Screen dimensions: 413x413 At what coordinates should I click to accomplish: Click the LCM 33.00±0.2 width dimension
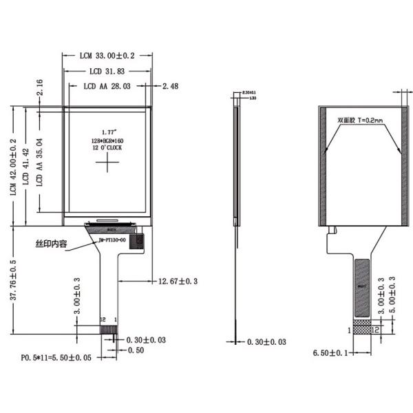[x=107, y=55]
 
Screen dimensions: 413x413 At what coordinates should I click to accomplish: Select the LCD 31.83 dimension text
[x=107, y=72]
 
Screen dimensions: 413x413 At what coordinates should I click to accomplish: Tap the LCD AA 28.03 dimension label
[x=107, y=87]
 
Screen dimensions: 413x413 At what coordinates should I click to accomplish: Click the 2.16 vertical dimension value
[x=39, y=87]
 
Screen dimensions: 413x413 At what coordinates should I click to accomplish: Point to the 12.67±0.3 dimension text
[x=178, y=281]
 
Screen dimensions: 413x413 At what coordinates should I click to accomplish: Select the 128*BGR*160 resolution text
[x=108, y=140]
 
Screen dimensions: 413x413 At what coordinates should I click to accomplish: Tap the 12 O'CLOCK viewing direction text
[x=108, y=148]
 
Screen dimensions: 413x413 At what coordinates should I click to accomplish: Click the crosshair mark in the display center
[x=108, y=163]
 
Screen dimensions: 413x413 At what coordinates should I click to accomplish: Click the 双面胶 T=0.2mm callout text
[x=360, y=120]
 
